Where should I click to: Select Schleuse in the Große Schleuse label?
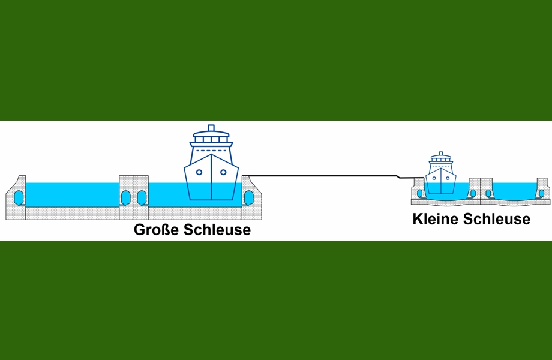(x=217, y=230)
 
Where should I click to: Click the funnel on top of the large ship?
(x=211, y=128)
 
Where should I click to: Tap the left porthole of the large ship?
(x=199, y=172)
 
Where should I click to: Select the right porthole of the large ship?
(x=223, y=172)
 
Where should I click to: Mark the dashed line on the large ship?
(x=211, y=151)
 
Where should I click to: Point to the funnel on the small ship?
(x=441, y=154)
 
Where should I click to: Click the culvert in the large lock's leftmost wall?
(x=19, y=198)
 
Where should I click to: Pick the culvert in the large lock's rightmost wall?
(x=248, y=198)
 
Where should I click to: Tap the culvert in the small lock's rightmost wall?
(x=541, y=194)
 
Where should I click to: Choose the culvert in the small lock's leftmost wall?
(x=419, y=194)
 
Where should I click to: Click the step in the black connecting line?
(x=398, y=176)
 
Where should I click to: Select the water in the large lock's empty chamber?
(x=73, y=194)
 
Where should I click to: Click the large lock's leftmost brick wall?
(x=16, y=198)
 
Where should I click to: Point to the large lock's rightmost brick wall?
(x=252, y=198)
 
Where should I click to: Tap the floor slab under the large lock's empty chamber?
(x=73, y=214)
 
